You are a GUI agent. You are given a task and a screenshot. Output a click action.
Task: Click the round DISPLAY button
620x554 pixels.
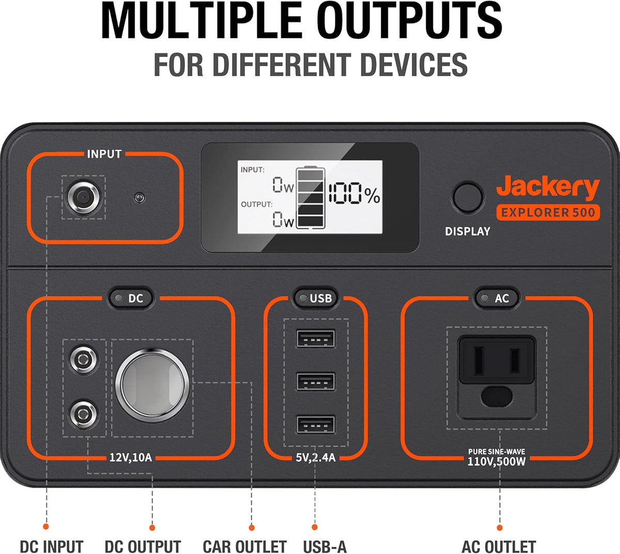pos(467,197)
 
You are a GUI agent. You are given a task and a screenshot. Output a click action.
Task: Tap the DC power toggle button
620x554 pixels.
pos(131,298)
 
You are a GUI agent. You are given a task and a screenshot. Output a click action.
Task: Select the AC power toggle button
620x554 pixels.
pos(497,298)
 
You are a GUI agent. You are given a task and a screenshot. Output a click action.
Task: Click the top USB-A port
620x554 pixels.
pos(315,338)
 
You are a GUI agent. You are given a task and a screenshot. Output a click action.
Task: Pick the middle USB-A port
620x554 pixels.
pos(315,381)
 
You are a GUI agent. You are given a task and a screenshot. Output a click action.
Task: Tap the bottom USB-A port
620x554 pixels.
pos(315,425)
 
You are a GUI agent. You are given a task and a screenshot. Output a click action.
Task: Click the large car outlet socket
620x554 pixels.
pos(152,385)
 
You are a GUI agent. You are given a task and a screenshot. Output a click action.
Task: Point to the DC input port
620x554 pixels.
pos(83,197)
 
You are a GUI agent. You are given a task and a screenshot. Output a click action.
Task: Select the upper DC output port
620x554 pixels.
pos(84,360)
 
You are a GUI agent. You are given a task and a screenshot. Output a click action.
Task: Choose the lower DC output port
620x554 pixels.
pos(84,415)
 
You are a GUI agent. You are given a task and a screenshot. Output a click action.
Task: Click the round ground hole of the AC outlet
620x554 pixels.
pos(497,397)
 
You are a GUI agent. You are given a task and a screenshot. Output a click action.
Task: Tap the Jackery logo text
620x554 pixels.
pos(548,187)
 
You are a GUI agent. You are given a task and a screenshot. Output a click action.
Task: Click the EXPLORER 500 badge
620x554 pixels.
pos(548,212)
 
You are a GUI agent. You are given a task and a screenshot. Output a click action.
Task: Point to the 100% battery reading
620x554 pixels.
pos(354,193)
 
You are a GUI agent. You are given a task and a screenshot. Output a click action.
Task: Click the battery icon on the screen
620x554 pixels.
pos(311,197)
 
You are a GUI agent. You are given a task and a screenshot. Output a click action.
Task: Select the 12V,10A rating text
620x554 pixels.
pos(131,457)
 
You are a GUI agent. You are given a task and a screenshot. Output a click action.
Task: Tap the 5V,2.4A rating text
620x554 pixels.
pos(316,457)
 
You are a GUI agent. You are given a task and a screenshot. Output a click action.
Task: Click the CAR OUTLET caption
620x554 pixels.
pos(244,547)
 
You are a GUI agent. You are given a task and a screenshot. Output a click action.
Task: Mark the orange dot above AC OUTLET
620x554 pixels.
pos(500,527)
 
